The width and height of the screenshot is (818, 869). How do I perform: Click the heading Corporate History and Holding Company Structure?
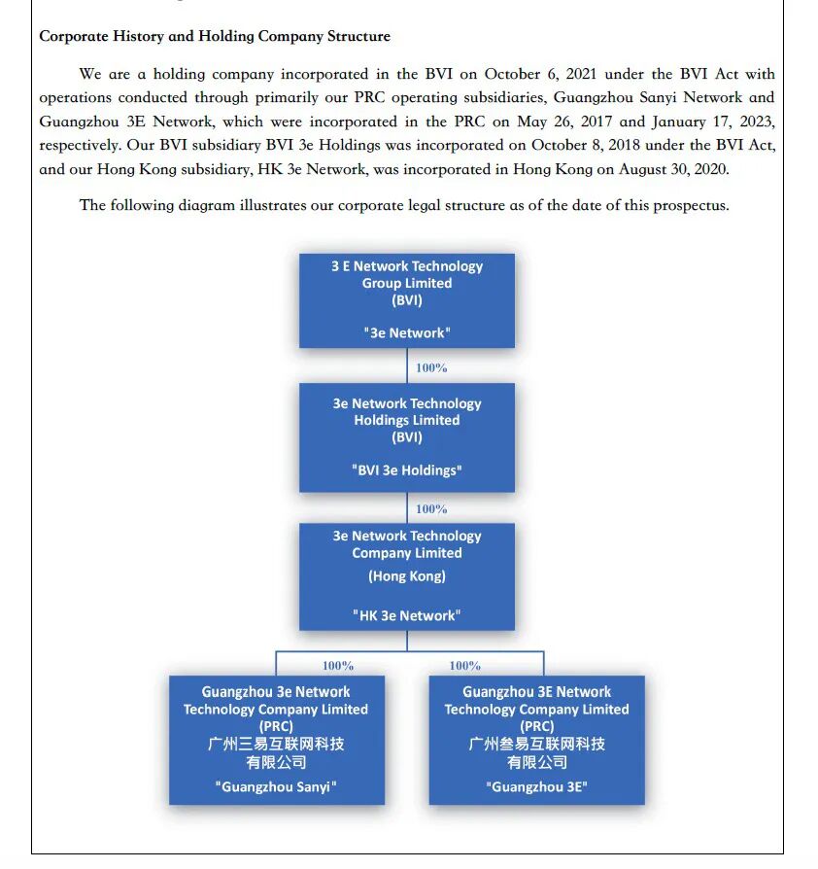(x=215, y=37)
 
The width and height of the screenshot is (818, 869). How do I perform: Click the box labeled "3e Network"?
(x=406, y=300)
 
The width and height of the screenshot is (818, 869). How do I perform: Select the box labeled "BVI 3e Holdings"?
(x=406, y=437)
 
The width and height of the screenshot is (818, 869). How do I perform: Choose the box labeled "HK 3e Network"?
(x=406, y=576)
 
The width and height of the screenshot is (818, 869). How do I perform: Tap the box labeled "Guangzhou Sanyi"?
(x=276, y=741)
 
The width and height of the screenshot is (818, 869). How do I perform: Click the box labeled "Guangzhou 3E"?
(x=536, y=741)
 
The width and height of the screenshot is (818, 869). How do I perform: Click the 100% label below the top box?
(x=431, y=368)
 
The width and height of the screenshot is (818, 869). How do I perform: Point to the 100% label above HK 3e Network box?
(x=431, y=509)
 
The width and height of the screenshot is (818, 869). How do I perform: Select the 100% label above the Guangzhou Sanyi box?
(x=338, y=666)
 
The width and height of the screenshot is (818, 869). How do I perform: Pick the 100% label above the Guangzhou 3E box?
(x=464, y=666)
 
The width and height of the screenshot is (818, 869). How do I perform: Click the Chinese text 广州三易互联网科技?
(x=276, y=744)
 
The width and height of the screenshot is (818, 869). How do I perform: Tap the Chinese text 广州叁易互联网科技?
(x=536, y=744)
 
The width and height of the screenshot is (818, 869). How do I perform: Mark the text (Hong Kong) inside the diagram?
(x=406, y=576)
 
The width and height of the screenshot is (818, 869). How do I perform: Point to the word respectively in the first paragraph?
(x=81, y=145)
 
